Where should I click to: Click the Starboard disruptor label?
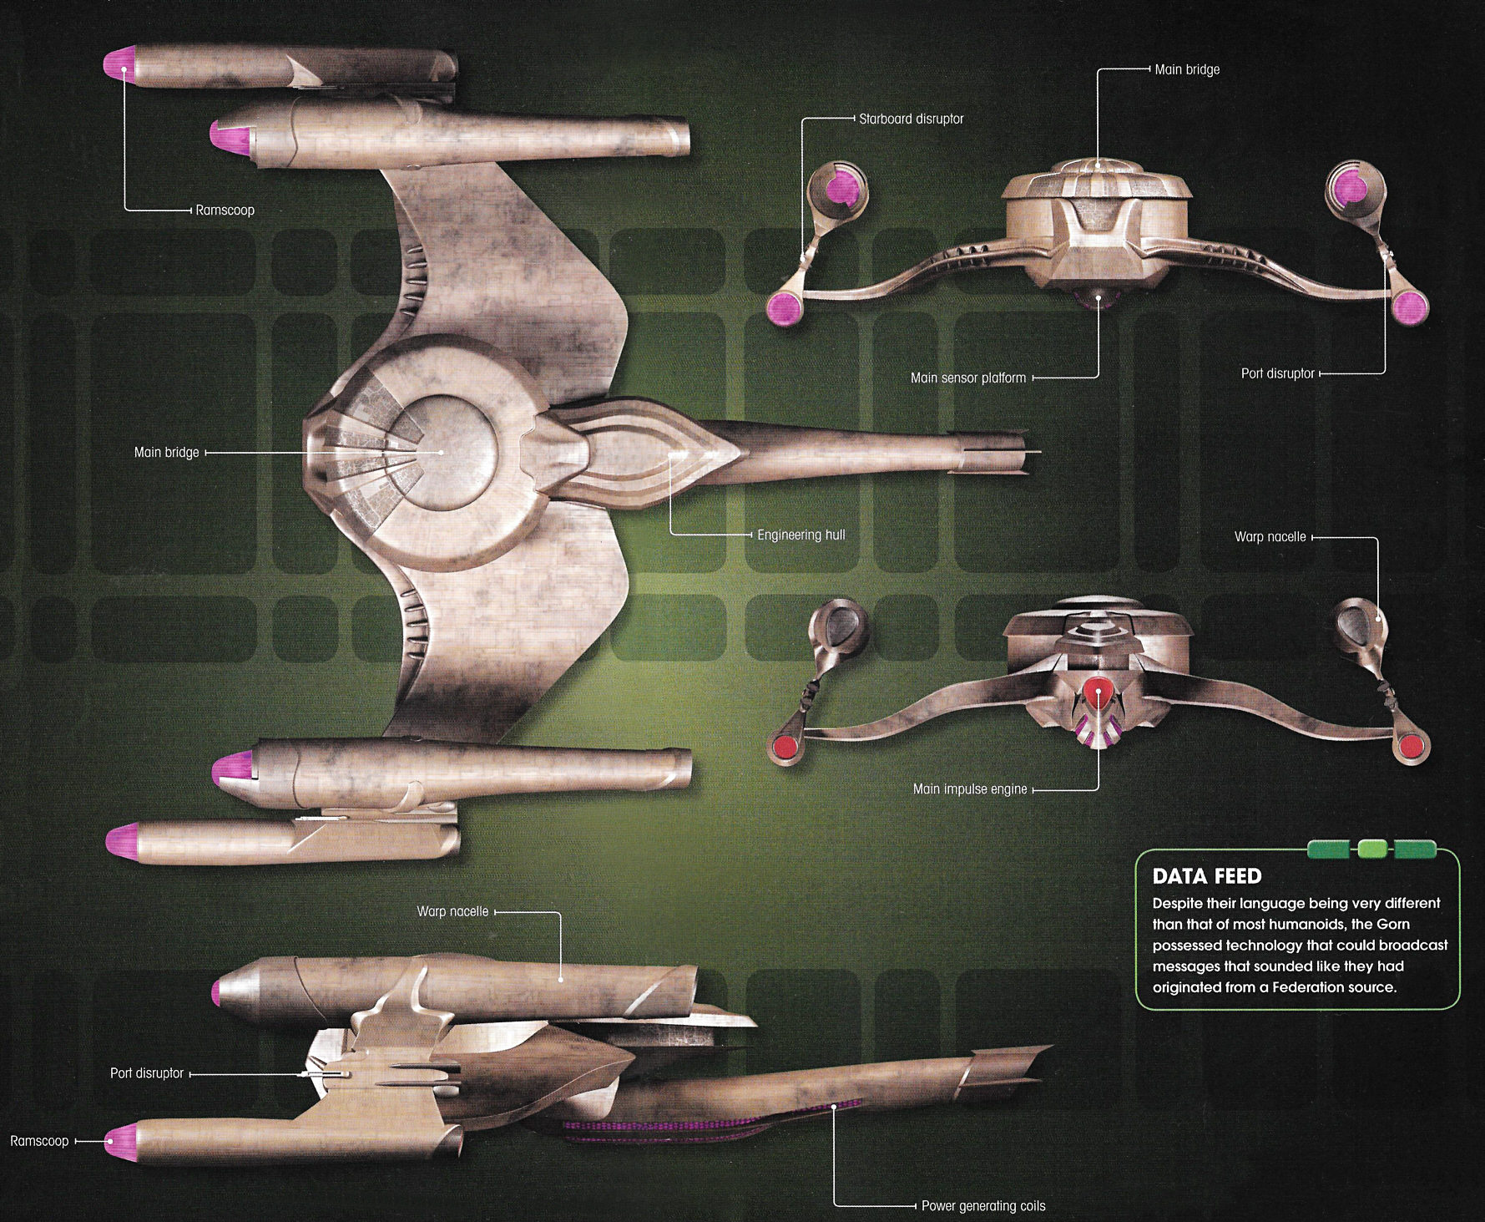pos(911,119)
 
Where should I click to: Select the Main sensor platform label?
pos(967,378)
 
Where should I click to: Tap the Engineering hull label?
pos(801,535)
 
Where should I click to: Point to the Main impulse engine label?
pos(969,788)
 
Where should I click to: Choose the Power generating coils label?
pos(982,1205)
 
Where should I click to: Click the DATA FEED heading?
pos(1206,876)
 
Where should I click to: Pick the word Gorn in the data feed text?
pos(1392,924)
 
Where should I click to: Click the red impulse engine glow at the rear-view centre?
pos(1097,691)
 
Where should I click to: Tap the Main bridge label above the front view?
pos(1186,69)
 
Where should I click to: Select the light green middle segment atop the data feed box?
pos(1371,849)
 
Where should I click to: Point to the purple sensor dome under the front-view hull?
pos(1096,298)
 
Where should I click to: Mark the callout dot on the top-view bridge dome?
pos(442,452)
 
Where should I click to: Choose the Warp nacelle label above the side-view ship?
pos(452,911)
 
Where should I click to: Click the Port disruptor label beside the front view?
pos(1277,373)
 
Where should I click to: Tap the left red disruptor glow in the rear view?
pos(785,745)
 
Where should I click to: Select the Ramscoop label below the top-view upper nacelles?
pos(225,210)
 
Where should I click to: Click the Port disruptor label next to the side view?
pos(147,1073)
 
